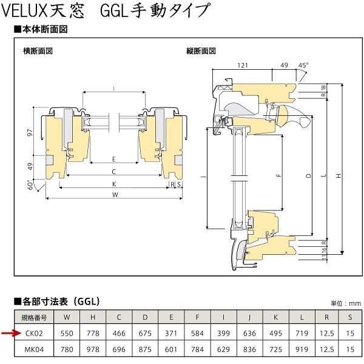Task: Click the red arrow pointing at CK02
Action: pos(11,333)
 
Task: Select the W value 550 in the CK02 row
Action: pos(67,333)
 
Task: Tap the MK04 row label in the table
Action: pos(34,349)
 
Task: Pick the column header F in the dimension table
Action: pos(197,317)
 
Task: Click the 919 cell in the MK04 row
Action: pos(302,349)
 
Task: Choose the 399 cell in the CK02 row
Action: pos(223,333)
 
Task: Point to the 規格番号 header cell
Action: pos(34,317)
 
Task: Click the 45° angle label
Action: pos(303,66)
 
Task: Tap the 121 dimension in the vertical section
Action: pos(243,66)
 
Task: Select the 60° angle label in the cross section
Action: pos(30,185)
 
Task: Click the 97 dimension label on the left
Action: pos(30,133)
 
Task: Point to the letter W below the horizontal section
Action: pos(115,194)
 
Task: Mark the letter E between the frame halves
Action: pos(114,159)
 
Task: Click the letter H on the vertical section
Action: pos(339,176)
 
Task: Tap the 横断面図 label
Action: pos(38,51)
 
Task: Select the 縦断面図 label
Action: pos(201,51)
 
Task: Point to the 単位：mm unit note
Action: pos(346,303)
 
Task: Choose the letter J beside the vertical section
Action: pos(204,178)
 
